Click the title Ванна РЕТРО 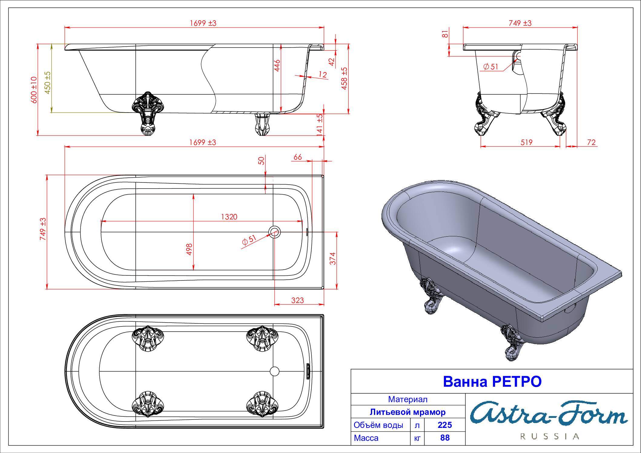coord(492,382)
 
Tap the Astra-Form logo coord(549,413)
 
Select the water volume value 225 coord(445,425)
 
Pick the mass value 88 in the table coord(445,438)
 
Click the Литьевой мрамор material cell coord(408,412)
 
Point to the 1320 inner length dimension coord(229,217)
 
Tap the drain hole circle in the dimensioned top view coord(275,232)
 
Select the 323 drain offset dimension coord(297,300)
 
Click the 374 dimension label coord(333,259)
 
